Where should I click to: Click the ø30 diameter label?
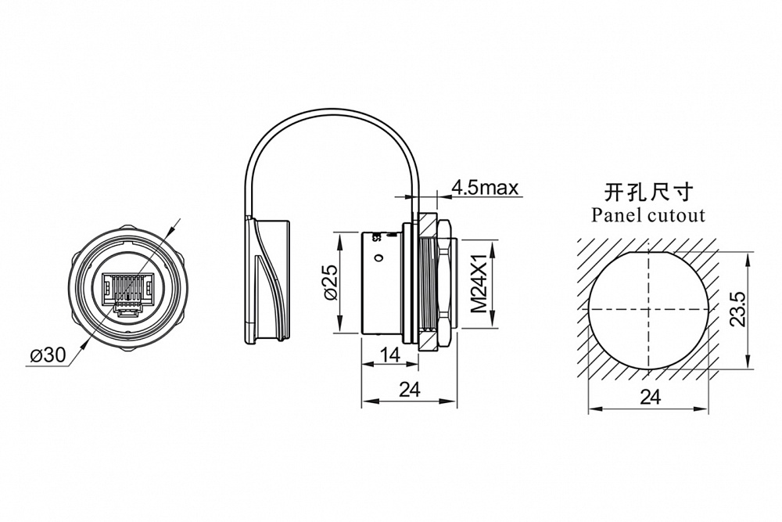point(48,354)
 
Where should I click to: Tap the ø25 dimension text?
point(329,283)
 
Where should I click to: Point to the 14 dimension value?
point(389,355)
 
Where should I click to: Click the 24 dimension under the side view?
point(410,389)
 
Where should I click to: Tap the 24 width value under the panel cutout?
point(649,397)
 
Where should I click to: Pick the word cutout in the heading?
point(676,214)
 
